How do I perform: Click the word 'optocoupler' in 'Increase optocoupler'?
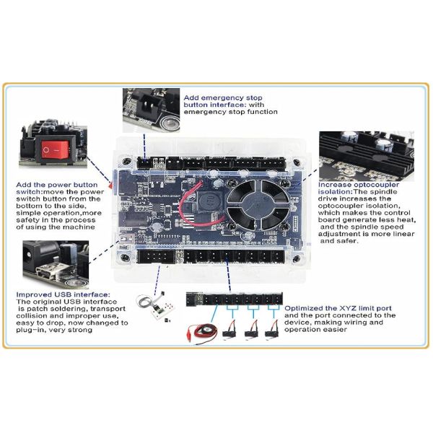pos(376,185)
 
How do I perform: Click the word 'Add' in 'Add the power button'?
pos(22,185)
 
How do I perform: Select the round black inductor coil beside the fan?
pos(209,199)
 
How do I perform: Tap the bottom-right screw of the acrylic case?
pos(297,258)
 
